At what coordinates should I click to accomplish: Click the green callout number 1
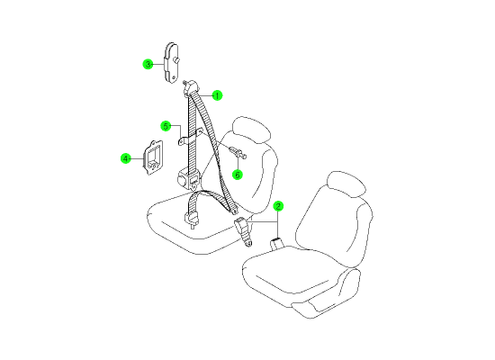click(x=217, y=95)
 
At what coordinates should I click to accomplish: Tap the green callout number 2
click(x=278, y=206)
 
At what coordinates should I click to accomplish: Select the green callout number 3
click(x=148, y=65)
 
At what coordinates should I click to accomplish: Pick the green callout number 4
click(x=126, y=158)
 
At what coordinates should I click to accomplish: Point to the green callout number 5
click(x=166, y=126)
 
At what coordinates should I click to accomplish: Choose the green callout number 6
click(x=238, y=175)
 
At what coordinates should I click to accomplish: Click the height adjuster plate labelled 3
click(x=171, y=62)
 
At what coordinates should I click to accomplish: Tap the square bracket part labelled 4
click(x=153, y=157)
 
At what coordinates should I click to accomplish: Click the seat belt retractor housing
click(x=189, y=180)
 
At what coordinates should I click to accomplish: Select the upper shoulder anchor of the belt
click(x=191, y=87)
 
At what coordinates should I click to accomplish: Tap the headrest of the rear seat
click(x=251, y=130)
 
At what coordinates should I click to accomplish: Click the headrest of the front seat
click(x=346, y=184)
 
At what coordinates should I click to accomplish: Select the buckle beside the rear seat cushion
click(x=243, y=230)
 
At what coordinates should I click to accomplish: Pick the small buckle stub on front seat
click(x=277, y=244)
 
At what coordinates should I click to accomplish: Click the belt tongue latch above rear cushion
click(x=192, y=219)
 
